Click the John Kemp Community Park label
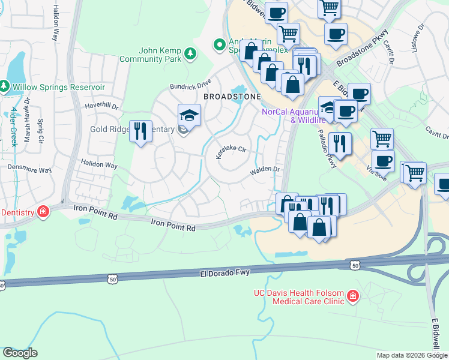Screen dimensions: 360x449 (x=159, y=55)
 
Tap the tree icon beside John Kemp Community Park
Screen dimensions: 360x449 (x=190, y=53)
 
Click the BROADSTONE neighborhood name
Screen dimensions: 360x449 (x=232, y=97)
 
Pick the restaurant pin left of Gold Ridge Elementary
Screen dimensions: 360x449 (x=140, y=130)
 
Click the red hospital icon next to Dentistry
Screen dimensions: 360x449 (x=43, y=211)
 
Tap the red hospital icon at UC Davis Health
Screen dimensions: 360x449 (x=352, y=296)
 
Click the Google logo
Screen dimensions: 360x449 (x=20, y=353)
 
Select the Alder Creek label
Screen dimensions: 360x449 (x=14, y=127)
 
